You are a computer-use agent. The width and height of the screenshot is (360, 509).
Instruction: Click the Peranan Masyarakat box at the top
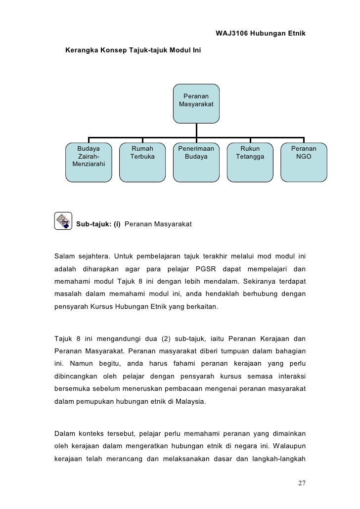[196, 103]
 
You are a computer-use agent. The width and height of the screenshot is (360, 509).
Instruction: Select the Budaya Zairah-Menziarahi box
[89, 161]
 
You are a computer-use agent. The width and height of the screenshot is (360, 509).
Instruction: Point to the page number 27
[301, 483]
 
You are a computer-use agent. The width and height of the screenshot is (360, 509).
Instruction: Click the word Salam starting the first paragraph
[64, 255]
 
